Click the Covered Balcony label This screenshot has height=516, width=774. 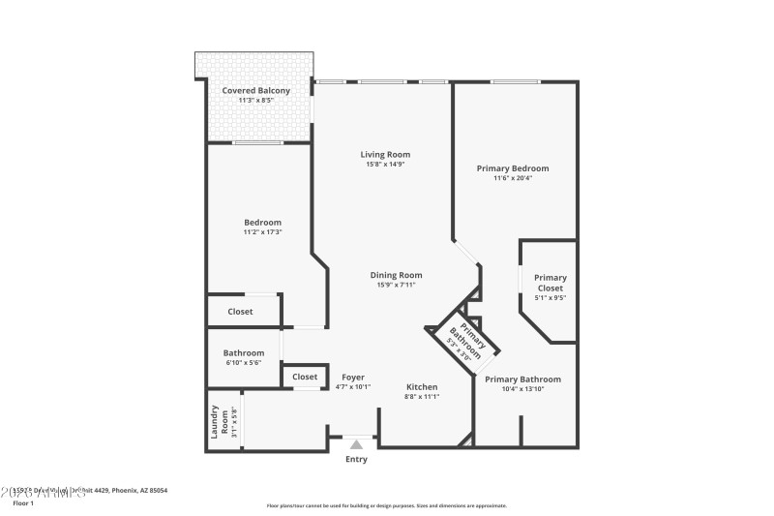pos(256,91)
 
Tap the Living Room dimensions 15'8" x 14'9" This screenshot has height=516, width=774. pos(385,165)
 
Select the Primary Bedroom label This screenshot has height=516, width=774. pos(512,168)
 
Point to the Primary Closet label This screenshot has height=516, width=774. pos(551,283)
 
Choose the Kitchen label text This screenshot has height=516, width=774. pos(422,386)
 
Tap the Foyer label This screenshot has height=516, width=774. pos(352,377)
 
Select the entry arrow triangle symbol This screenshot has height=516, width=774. pos(357,444)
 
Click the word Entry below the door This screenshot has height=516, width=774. pos(357,459)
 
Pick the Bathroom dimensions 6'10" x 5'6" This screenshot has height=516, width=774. pos(244,363)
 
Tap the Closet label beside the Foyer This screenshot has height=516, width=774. pos(305,377)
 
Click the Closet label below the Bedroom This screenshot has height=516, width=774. pos(240,312)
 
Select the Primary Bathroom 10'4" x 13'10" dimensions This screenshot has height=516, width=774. pos(522,389)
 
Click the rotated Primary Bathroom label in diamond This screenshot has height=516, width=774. pos(463,339)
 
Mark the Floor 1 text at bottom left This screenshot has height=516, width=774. pos(22,503)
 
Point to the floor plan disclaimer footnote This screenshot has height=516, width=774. pos(386,505)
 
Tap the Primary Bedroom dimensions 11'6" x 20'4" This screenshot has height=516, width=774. pos(512,178)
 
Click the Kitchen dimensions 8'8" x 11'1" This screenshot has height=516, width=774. pos(422,397)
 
